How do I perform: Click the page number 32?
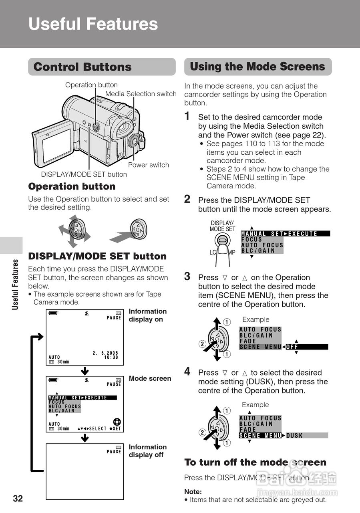point(18,499)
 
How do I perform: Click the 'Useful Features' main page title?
point(93,24)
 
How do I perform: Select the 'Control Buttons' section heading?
point(82,67)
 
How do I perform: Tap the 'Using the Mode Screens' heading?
point(257,67)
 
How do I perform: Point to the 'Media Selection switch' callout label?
point(141,94)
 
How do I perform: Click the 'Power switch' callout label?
point(148,165)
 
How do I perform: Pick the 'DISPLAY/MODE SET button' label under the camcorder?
point(84,174)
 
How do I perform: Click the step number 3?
point(187,276)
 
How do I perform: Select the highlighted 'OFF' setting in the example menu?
point(292,347)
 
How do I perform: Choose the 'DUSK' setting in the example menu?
point(295,436)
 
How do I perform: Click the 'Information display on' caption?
point(147,315)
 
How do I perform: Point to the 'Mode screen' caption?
point(150,378)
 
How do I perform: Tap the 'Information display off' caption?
point(147,451)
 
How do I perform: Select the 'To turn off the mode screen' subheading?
point(255,462)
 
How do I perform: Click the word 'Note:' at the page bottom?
point(193,492)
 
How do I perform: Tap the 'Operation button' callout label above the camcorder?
point(91,85)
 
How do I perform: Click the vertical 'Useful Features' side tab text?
point(16,284)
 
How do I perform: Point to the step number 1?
point(187,116)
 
